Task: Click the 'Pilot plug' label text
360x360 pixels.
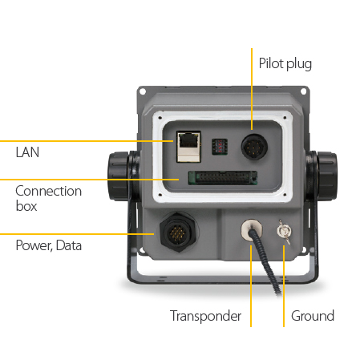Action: (x=285, y=64)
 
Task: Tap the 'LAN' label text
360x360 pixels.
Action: (x=27, y=152)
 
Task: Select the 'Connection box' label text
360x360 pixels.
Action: (x=48, y=198)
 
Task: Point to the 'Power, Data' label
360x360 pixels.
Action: (x=49, y=245)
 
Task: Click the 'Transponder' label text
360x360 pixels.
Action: (x=205, y=316)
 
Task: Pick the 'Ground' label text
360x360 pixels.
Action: (x=313, y=316)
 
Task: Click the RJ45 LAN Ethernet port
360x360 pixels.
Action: (x=188, y=147)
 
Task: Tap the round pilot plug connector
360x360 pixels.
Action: (x=254, y=147)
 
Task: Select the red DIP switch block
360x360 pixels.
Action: (x=220, y=147)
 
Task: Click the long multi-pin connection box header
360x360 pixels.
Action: (x=223, y=178)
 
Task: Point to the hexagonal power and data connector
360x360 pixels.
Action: (x=178, y=232)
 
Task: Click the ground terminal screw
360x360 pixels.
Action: (x=284, y=232)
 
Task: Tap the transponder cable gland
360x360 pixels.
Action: (x=252, y=230)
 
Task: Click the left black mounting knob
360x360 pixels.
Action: (x=119, y=176)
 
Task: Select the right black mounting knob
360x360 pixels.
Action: (x=326, y=176)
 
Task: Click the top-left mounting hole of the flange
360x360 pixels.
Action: (x=143, y=91)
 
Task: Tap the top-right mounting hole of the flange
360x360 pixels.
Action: (x=303, y=91)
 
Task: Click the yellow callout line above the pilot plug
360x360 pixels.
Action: (x=252, y=89)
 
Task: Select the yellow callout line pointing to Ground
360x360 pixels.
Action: (x=284, y=286)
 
